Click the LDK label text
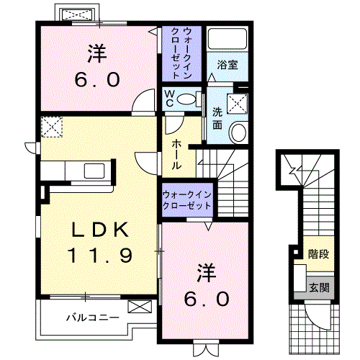point(102,230)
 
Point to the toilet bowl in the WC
point(189,100)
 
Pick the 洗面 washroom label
point(217,117)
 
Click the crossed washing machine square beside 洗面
point(235,104)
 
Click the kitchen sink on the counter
point(94,171)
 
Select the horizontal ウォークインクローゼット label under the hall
point(186,199)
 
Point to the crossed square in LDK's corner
point(51,127)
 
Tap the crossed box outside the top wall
point(75,14)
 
